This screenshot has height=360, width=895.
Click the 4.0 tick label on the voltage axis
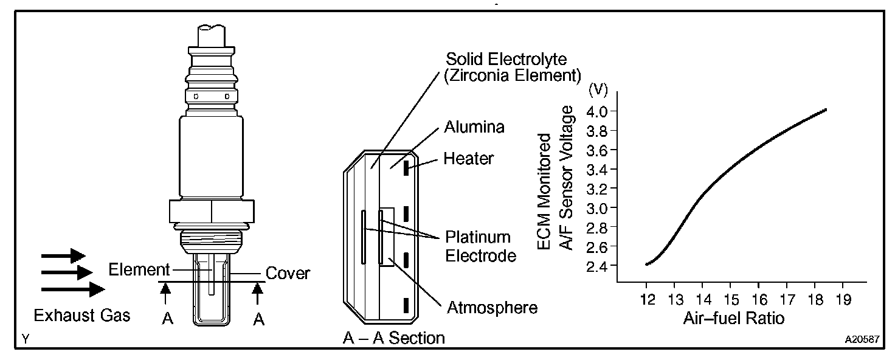(x=597, y=111)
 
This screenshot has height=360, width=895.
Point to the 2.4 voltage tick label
(x=597, y=266)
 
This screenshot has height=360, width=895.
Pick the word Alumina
(x=475, y=127)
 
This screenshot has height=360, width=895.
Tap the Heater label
(x=468, y=159)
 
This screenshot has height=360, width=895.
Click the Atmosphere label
(x=492, y=308)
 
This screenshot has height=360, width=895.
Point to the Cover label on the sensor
(x=287, y=273)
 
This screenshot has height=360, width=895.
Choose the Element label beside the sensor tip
(x=139, y=269)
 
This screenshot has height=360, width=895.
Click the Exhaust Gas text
(x=82, y=316)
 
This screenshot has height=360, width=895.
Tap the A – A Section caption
(x=394, y=337)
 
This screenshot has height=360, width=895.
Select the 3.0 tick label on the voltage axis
(x=597, y=209)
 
